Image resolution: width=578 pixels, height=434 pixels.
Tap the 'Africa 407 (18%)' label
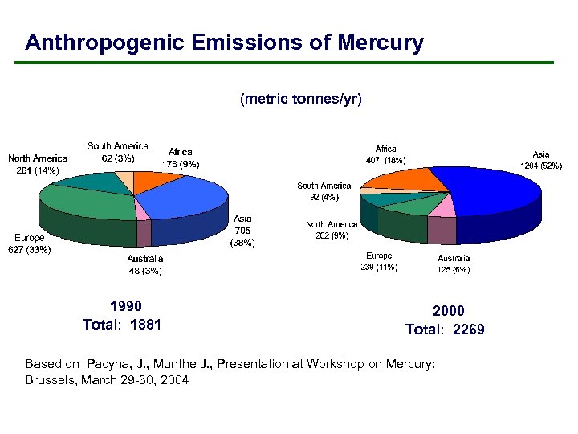pos(385,154)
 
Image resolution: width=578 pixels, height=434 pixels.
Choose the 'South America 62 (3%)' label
pos(117,152)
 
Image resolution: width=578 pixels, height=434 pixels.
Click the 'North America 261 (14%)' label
pos(37,164)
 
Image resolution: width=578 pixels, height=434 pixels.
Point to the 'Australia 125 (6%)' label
pos(454,264)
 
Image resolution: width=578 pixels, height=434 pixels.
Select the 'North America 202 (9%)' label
pos(332,231)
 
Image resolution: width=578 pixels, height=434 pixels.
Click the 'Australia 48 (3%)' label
pos(145,264)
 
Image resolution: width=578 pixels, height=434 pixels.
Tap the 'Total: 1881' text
pos(122,325)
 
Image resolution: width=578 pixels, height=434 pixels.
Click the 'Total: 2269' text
pos(445,330)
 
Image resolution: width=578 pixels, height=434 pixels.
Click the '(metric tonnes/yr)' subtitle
pos(301,100)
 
